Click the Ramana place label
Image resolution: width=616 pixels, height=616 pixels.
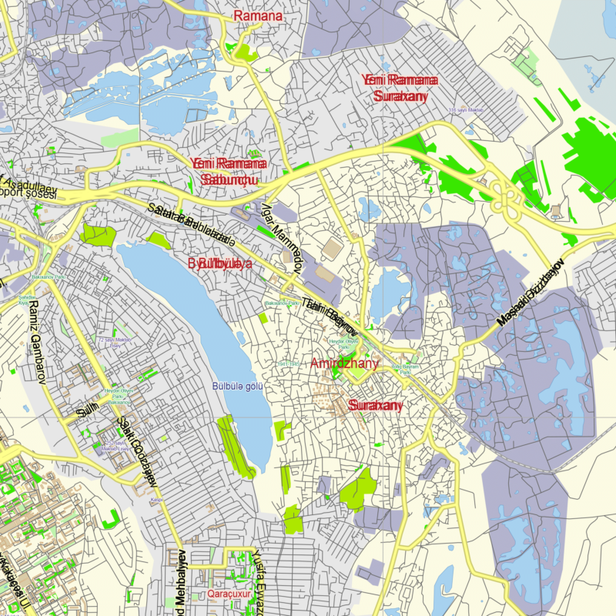point(258,15)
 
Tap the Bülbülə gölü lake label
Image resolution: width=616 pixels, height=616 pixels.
point(239,386)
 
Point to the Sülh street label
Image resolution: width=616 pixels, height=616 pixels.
point(89,411)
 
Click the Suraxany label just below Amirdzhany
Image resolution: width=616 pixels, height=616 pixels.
point(376,405)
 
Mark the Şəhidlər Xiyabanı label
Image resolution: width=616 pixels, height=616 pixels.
point(23,300)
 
